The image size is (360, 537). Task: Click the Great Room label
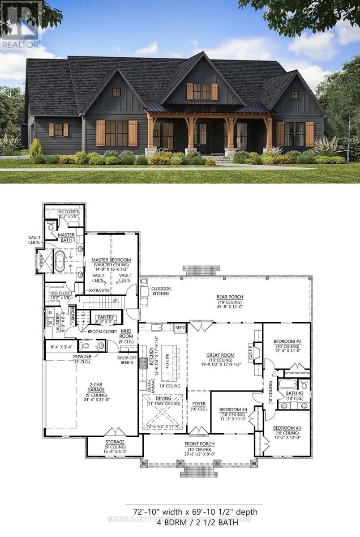(x=219, y=355)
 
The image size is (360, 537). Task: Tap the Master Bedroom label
(x=111, y=260)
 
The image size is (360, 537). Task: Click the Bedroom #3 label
(x=287, y=427)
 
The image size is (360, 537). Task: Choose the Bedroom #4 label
(x=233, y=409)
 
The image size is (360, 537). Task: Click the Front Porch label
(x=200, y=444)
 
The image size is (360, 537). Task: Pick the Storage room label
(x=115, y=442)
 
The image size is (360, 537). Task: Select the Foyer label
(x=199, y=404)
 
